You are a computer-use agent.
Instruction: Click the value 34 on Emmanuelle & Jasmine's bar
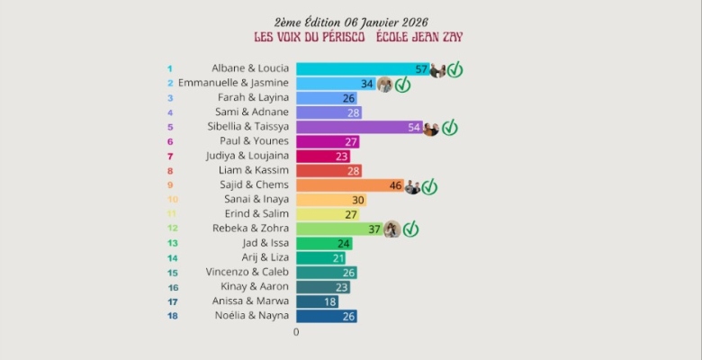366,84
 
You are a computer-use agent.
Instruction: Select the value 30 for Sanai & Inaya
357,200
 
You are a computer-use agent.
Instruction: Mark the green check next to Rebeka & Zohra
410,229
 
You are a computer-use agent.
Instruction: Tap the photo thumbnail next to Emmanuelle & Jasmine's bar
384,85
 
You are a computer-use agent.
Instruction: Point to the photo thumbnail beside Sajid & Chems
412,187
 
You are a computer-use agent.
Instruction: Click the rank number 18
171,316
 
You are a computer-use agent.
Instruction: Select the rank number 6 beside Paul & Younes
170,141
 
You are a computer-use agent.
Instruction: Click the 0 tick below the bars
296,332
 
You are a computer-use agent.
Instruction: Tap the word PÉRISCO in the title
341,37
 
